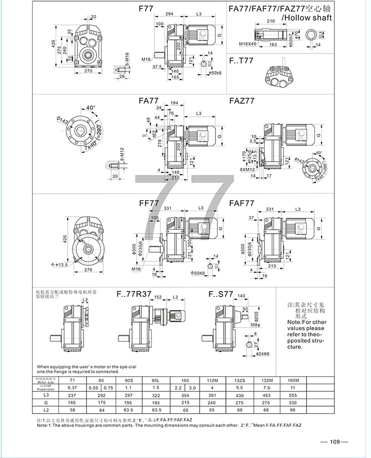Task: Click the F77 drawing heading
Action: point(146,9)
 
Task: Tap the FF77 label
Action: point(148,203)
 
